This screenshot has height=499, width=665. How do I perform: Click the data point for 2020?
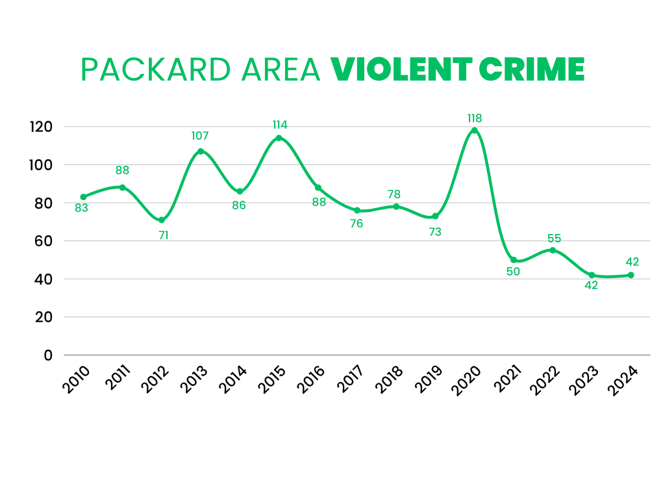click(x=474, y=130)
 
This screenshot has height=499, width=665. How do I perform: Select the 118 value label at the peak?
click(x=475, y=118)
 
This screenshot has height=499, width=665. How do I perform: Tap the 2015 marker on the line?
click(x=279, y=138)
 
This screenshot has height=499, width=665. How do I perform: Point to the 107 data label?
click(x=200, y=136)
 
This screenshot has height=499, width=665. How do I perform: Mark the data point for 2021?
click(x=514, y=260)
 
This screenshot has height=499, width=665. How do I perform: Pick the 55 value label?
click(x=554, y=238)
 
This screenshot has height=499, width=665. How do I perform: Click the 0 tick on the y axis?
click(x=49, y=355)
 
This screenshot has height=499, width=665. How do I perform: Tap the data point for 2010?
click(x=83, y=197)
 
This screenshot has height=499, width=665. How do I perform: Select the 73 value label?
click(x=435, y=231)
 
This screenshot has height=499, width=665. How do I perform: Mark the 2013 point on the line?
click(x=200, y=151)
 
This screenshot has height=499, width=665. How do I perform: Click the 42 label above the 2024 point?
click(x=632, y=262)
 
